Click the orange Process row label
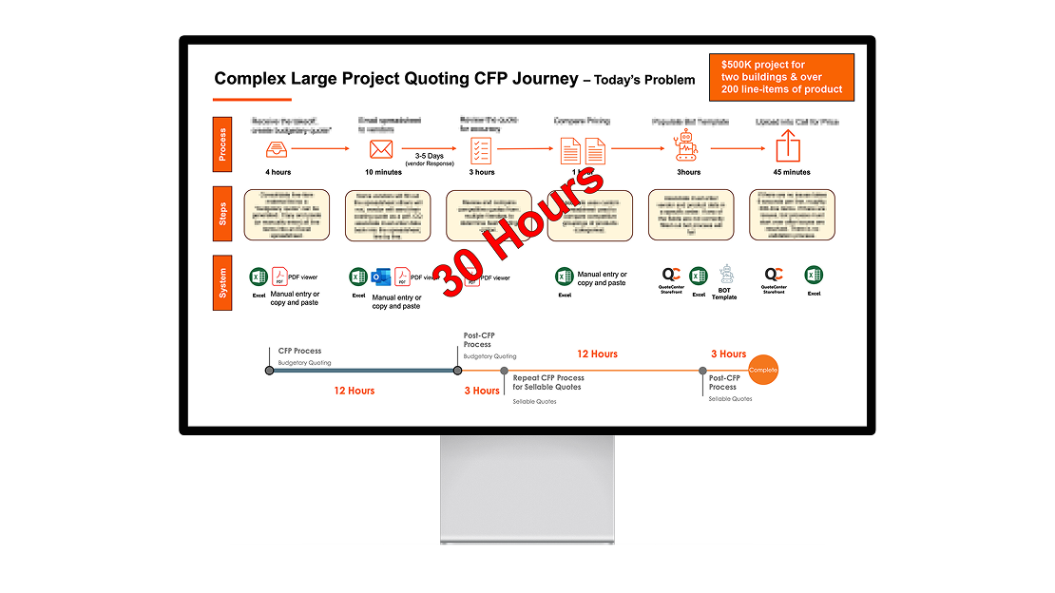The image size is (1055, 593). [222, 143]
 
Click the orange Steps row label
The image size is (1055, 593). [222, 214]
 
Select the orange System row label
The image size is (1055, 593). [222, 283]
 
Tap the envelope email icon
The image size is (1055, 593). [381, 149]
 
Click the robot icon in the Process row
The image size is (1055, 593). [686, 147]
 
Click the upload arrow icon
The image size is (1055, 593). [789, 146]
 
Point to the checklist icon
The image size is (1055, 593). [482, 149]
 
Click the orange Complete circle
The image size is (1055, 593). [763, 370]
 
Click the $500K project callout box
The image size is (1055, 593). [781, 77]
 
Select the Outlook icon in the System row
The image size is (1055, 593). [381, 277]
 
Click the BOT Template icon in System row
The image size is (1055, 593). [727, 275]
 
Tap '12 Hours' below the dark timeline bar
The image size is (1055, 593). [354, 391]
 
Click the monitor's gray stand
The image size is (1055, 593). [527, 489]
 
